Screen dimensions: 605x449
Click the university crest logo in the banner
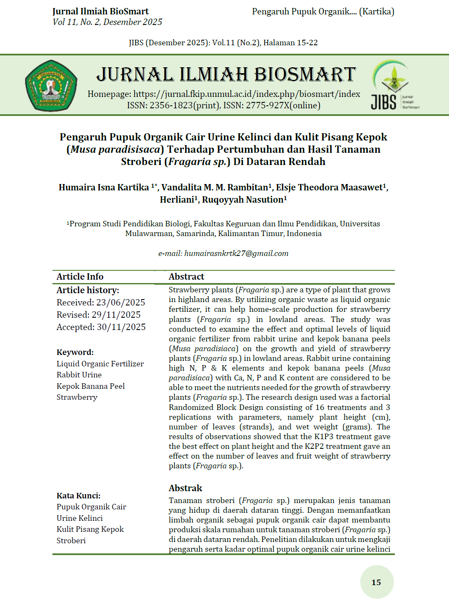tap(51, 85)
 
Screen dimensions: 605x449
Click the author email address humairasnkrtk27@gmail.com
tap(236, 253)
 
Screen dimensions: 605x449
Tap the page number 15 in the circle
tap(376, 583)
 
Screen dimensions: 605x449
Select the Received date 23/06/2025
tap(120, 302)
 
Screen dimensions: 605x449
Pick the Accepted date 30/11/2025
tap(121, 327)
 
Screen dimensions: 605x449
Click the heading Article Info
tap(80, 277)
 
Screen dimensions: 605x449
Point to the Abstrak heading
tap(185, 488)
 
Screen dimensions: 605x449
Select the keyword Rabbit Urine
tap(79, 375)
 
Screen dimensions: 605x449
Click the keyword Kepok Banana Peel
tap(90, 386)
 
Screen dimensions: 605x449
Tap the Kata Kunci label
tap(78, 496)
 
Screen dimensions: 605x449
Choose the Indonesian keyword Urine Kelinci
tap(79, 518)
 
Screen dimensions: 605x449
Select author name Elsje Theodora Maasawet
tap(329, 187)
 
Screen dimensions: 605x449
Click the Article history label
tap(88, 290)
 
